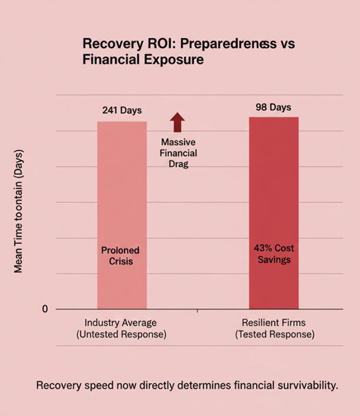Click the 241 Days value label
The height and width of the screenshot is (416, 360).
tap(122, 110)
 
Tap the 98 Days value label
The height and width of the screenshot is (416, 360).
tap(273, 107)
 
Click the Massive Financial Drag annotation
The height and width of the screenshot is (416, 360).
tap(178, 153)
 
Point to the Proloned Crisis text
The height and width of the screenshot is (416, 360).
tap(121, 256)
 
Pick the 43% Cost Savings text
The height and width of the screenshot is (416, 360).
tap(273, 254)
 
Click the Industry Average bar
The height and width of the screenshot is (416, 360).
tap(122, 201)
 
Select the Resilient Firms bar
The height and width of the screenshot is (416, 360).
tap(273, 201)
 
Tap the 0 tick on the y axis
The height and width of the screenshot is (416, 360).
tap(45, 309)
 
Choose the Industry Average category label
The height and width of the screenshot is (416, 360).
tap(122, 323)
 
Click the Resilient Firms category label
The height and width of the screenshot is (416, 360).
tap(274, 323)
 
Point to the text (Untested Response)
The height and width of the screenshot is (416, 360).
tap(122, 335)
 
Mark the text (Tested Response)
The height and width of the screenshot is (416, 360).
tap(274, 335)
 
